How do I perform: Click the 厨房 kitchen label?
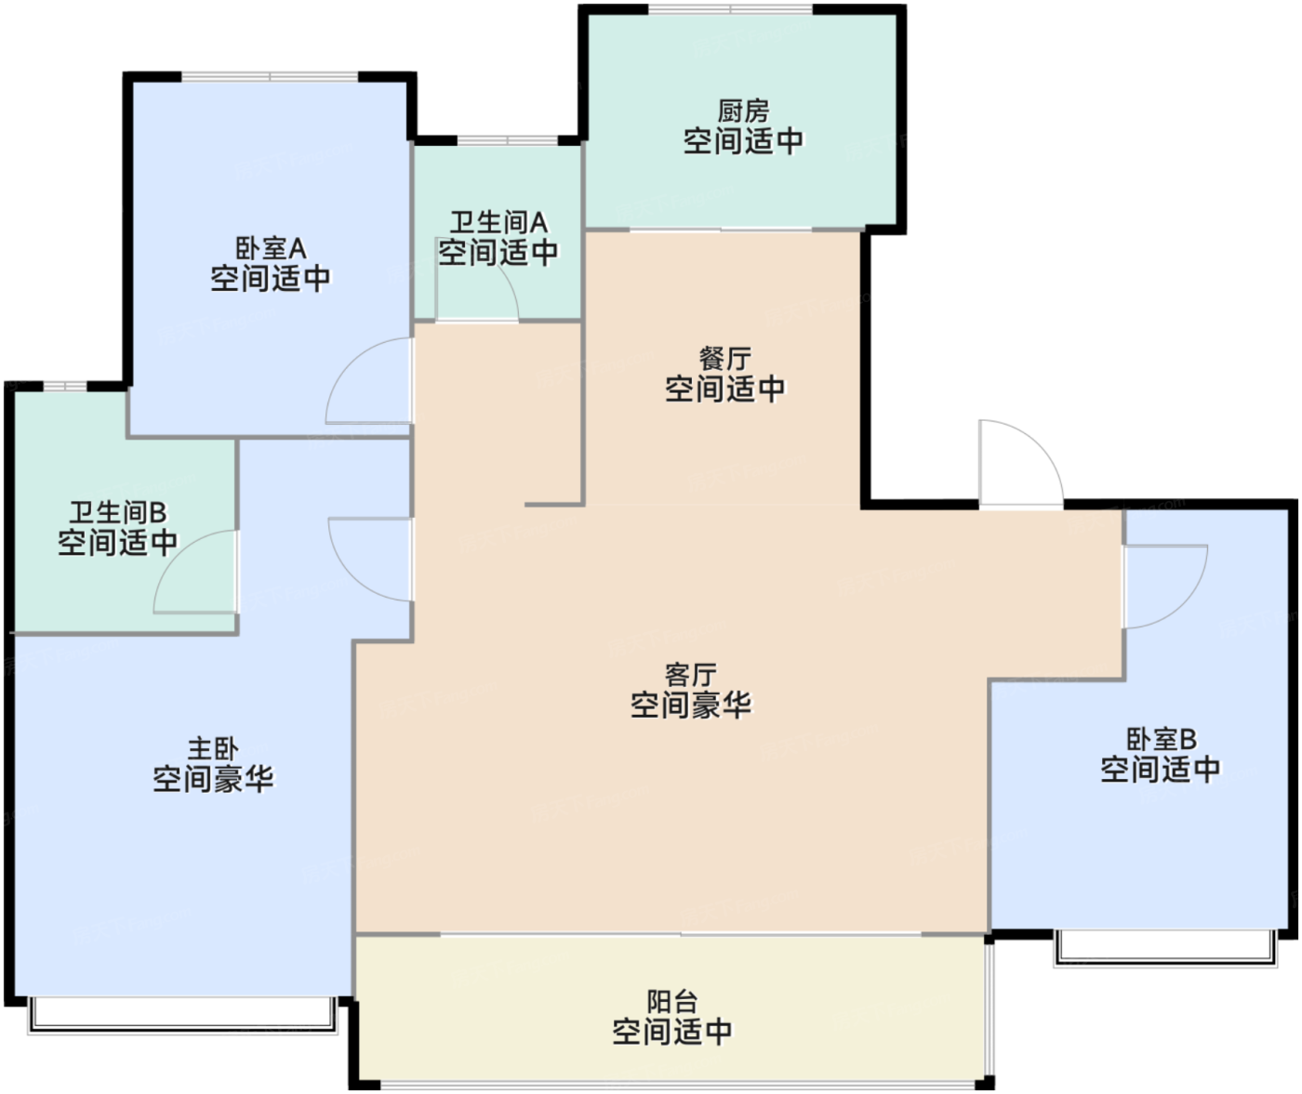pos(743,112)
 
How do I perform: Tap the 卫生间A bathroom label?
pos(498,222)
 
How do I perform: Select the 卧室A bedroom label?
pos(271,249)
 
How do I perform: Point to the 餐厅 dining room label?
pos(724,359)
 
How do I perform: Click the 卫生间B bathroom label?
pos(118,512)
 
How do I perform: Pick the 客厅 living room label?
pos(691,675)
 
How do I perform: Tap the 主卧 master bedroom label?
pos(213,748)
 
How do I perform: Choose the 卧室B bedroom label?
pos(1161,739)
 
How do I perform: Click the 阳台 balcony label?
pos(672,1002)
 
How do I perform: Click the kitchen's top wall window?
pos(730,8)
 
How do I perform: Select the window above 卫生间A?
pos(507,139)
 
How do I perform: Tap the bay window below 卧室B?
pos(1165,950)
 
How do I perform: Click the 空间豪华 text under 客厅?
pos(691,705)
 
